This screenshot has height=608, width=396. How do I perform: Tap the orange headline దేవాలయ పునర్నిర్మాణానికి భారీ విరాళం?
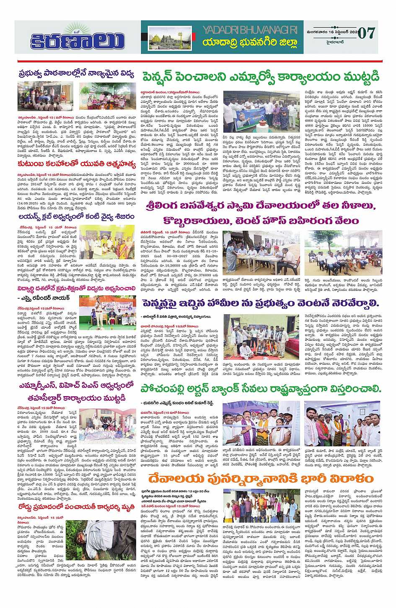pos(261,479)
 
